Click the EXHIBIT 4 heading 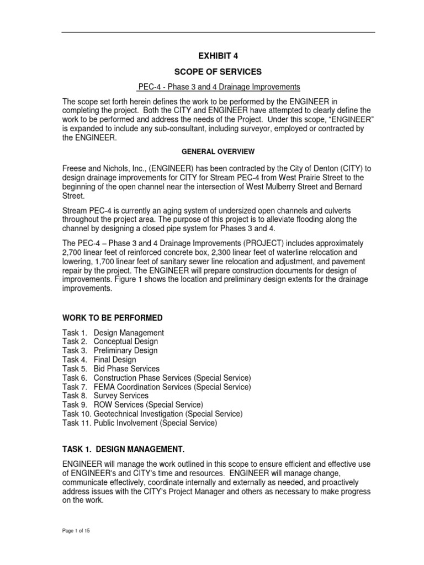point(218,56)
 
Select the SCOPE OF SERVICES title point(218,72)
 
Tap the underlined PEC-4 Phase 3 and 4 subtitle point(218,87)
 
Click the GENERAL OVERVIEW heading point(218,151)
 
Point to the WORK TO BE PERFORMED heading point(112,318)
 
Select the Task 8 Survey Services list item point(105,396)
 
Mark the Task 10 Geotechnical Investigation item point(152,413)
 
